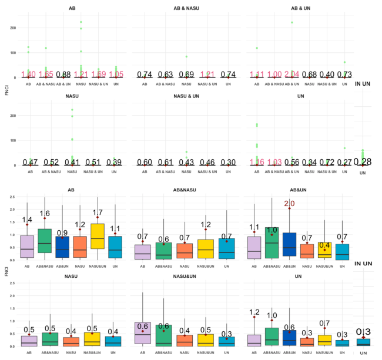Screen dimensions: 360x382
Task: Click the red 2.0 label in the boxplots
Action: point(289,203)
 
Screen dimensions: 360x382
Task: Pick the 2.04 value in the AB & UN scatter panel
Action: point(289,75)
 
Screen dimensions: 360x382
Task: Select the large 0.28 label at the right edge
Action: point(363,162)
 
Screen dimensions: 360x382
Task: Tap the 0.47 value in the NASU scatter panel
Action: point(30,162)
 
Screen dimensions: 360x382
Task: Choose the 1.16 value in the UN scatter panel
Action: point(256,162)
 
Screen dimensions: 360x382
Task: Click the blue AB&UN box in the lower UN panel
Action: point(289,338)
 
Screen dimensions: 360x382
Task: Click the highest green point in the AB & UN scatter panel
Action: point(291,22)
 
